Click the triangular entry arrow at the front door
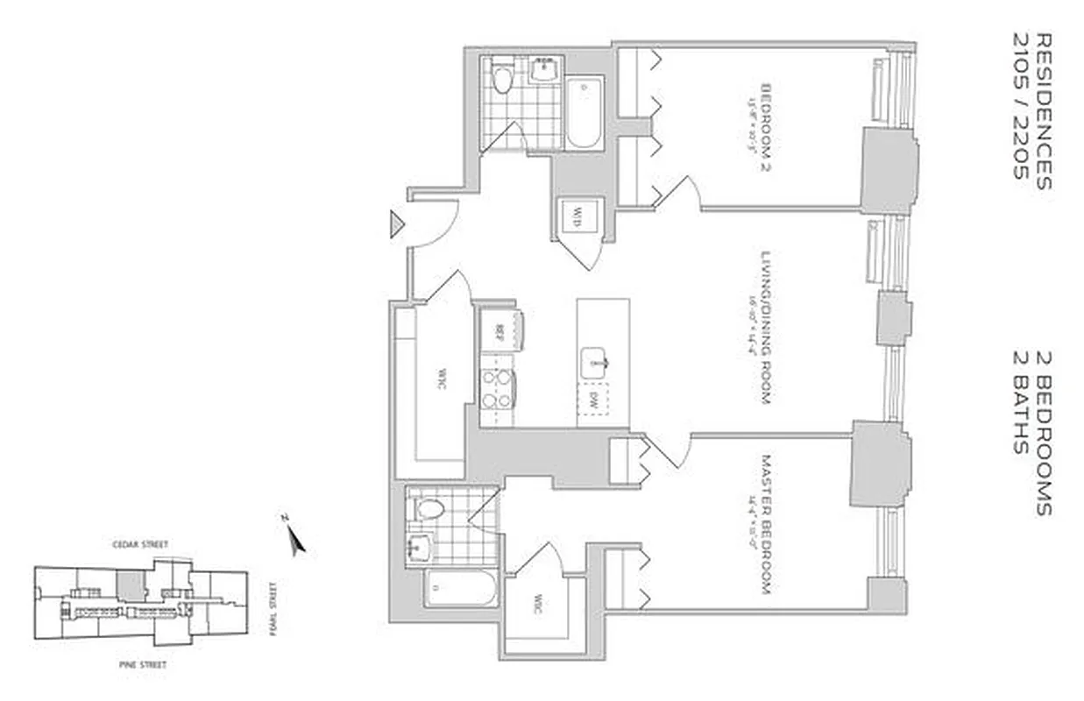(x=397, y=225)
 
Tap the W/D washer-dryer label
(x=577, y=214)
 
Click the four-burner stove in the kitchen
(x=498, y=389)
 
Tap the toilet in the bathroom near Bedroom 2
(x=502, y=80)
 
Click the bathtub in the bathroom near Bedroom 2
(x=583, y=113)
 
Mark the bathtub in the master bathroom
(x=460, y=586)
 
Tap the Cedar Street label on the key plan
(x=145, y=544)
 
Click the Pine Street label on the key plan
(x=142, y=665)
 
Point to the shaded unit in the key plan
(x=131, y=585)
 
